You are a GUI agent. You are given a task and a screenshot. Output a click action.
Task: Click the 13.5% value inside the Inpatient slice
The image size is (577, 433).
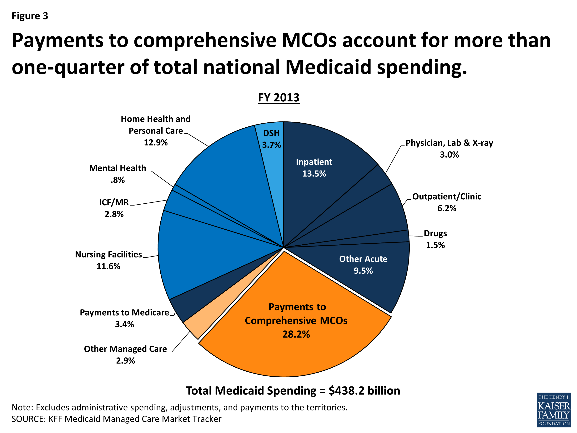[314, 174]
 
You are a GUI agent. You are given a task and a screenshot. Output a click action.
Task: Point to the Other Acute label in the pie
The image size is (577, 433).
[363, 259]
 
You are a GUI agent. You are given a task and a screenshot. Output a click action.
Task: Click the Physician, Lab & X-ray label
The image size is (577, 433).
[449, 143]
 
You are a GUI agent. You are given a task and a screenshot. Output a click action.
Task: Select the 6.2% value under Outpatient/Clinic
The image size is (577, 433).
[447, 208]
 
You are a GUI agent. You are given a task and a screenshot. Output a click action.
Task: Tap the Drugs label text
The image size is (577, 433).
[435, 233]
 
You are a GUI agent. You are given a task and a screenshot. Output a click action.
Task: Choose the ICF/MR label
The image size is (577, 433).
[114, 202]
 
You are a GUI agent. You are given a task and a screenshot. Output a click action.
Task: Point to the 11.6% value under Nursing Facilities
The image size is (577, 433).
[108, 266]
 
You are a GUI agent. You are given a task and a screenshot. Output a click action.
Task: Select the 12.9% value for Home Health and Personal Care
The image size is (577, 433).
[156, 143]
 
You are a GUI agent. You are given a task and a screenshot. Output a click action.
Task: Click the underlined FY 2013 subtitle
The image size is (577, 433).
[278, 98]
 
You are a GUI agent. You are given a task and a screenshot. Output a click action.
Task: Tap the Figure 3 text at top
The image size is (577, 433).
[30, 16]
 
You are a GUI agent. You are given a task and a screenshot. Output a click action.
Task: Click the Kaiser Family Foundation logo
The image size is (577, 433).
[554, 410]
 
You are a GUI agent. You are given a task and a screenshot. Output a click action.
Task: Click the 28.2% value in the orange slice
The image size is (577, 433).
[296, 334]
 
